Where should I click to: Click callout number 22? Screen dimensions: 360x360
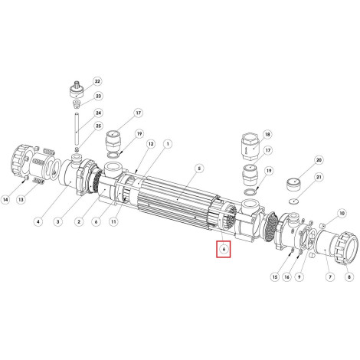click(97, 81)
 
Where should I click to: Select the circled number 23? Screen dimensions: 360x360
click(98, 97)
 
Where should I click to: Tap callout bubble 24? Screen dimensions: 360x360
click(98, 113)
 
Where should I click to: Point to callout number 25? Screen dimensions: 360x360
click(98, 126)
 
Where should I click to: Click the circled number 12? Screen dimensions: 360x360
click(151, 144)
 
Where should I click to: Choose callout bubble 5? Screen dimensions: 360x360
click(199, 169)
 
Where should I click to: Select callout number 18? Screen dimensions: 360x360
click(267, 135)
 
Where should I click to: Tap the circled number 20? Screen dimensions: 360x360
click(319, 160)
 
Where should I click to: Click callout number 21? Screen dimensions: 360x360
click(319, 177)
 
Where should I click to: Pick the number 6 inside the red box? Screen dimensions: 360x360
click(224, 249)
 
